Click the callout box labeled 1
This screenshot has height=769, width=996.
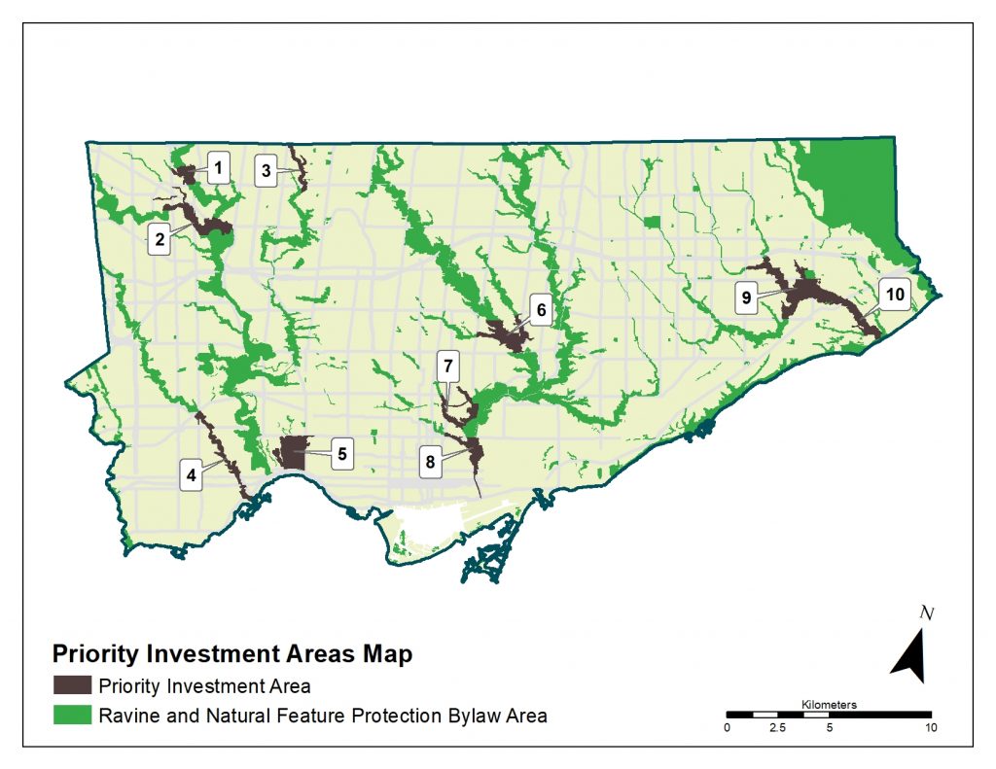[219, 168]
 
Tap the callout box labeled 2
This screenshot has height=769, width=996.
[159, 236]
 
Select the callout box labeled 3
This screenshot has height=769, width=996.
[266, 171]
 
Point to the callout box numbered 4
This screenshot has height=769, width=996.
[192, 475]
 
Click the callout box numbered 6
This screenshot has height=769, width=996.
[542, 311]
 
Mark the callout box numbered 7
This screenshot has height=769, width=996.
[447, 367]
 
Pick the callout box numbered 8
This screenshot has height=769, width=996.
[429, 462]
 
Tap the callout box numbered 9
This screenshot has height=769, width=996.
[747, 298]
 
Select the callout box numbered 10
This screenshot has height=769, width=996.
[894, 294]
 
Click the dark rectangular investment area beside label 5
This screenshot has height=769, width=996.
[293, 453]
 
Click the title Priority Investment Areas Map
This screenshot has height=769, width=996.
[231, 653]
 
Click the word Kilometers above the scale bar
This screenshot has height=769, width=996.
[830, 704]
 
